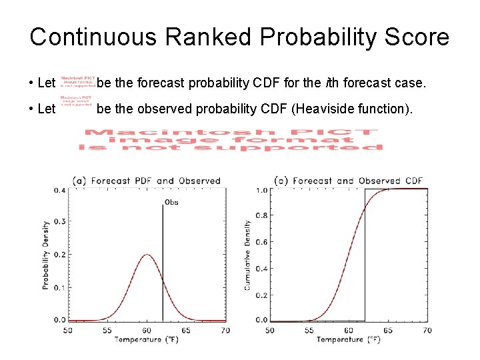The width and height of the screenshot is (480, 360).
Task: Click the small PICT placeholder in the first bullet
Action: click(x=77, y=81)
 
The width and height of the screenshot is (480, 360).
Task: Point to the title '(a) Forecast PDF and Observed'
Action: click(x=146, y=181)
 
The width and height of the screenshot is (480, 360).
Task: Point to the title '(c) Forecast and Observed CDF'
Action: click(x=349, y=181)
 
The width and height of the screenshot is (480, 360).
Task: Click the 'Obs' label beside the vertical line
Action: click(x=171, y=203)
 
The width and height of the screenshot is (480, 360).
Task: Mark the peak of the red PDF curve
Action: click(x=147, y=255)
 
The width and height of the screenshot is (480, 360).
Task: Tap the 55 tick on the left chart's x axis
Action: click(x=107, y=330)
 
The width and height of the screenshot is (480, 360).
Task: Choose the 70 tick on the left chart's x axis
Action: click(x=225, y=330)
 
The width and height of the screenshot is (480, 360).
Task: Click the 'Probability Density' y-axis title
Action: click(x=47, y=255)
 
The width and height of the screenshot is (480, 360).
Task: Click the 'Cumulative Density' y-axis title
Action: click(x=248, y=255)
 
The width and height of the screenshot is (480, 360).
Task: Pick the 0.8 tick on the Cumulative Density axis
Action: click(x=262, y=216)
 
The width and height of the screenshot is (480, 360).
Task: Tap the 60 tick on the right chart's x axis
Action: click(x=348, y=330)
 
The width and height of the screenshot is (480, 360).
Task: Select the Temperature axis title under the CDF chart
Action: click(x=348, y=340)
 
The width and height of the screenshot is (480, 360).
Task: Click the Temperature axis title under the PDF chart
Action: click(x=146, y=340)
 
